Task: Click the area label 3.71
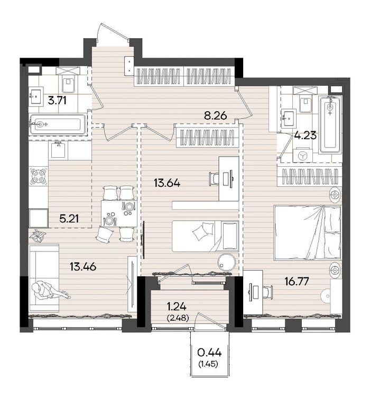click(x=57, y=101)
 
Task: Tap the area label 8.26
click(x=216, y=116)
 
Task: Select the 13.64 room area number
click(x=167, y=183)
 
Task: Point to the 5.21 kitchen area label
click(x=69, y=219)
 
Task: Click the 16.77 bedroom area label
click(x=297, y=281)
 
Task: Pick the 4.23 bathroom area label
click(x=306, y=135)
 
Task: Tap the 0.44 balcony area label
click(x=209, y=352)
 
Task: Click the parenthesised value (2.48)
click(x=178, y=318)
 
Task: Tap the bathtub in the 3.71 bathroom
click(x=58, y=124)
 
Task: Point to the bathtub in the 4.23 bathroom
click(x=330, y=125)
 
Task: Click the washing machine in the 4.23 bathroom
click(x=302, y=155)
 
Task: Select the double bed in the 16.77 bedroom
click(x=308, y=233)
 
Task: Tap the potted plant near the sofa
click(x=38, y=235)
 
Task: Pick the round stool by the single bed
click(x=227, y=263)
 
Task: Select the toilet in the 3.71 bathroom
click(x=68, y=81)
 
